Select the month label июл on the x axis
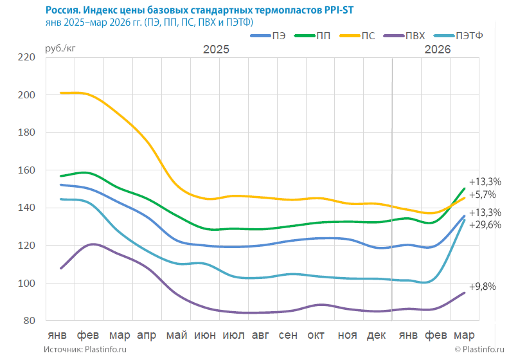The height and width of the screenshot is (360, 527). click(233, 336)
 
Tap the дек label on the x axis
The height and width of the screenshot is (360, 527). click(375, 336)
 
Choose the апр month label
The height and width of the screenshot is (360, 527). click(147, 336)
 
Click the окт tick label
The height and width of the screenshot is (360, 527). click(316, 336)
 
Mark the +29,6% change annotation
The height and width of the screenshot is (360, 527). click(485, 225)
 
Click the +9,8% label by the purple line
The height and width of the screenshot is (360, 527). click(482, 287)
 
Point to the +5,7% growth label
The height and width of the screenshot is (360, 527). click(483, 194)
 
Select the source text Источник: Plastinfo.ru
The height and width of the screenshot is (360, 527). click(85, 349)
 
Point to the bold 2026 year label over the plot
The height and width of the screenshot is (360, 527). click(437, 50)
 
